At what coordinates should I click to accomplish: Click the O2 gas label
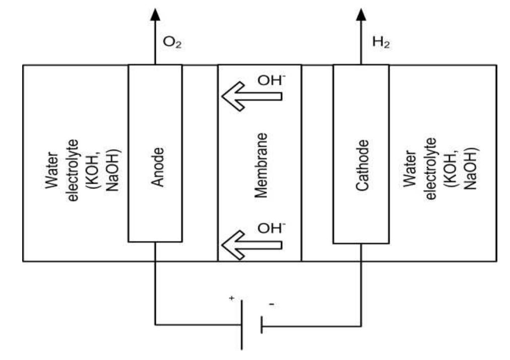coord(172,44)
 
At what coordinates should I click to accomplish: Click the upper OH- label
coord(269,80)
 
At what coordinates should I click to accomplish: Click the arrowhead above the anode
coord(155,14)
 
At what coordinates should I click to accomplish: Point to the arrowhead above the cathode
coord(361,14)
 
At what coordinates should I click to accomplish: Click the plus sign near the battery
coord(232,298)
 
